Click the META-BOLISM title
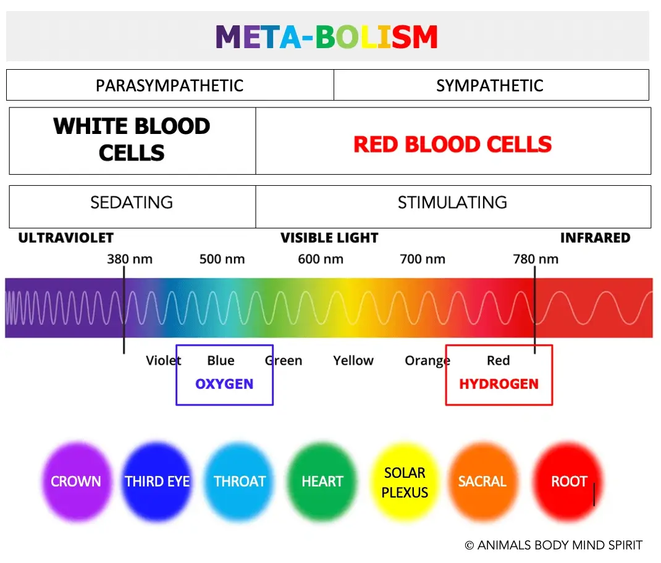click(327, 36)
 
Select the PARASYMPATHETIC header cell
click(170, 85)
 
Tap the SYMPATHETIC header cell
click(491, 85)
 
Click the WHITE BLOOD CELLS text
click(132, 139)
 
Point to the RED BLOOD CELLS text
click(453, 144)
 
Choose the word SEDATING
click(132, 202)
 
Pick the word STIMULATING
click(452, 202)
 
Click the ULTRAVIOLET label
click(65, 238)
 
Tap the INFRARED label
click(596, 238)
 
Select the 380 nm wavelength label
click(130, 259)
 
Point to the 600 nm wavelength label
click(321, 259)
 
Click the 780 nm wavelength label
click(536, 259)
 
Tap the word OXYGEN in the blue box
click(224, 384)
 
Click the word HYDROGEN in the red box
click(499, 384)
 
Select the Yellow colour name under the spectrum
click(353, 361)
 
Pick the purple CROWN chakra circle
click(77, 482)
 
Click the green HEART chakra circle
click(322, 482)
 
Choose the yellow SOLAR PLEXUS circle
click(405, 482)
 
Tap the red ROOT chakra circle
click(569, 482)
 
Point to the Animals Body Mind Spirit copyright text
click(554, 545)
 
